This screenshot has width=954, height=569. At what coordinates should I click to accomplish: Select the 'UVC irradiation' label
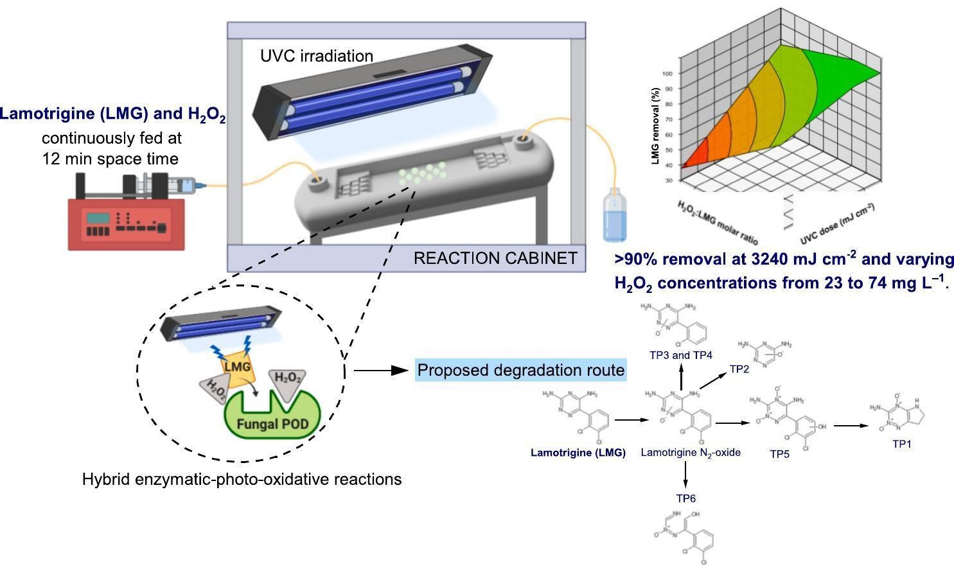click(317, 56)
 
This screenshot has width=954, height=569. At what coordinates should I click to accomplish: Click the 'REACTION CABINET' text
click(495, 258)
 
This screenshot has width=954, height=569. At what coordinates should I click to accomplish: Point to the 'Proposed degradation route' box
click(520, 370)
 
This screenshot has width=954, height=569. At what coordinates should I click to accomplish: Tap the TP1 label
click(901, 444)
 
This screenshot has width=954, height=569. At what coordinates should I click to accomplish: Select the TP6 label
click(685, 498)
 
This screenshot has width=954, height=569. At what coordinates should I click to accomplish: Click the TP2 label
click(739, 369)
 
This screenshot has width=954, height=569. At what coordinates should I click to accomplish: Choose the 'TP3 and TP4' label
click(681, 355)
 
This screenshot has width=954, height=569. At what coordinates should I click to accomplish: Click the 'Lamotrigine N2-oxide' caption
click(691, 453)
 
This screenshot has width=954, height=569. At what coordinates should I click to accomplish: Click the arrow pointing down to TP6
click(685, 475)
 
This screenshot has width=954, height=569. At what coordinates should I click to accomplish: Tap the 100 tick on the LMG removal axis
click(668, 73)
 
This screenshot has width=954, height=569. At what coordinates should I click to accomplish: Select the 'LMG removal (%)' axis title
click(655, 126)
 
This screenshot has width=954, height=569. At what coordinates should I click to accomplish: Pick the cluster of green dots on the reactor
click(421, 173)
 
